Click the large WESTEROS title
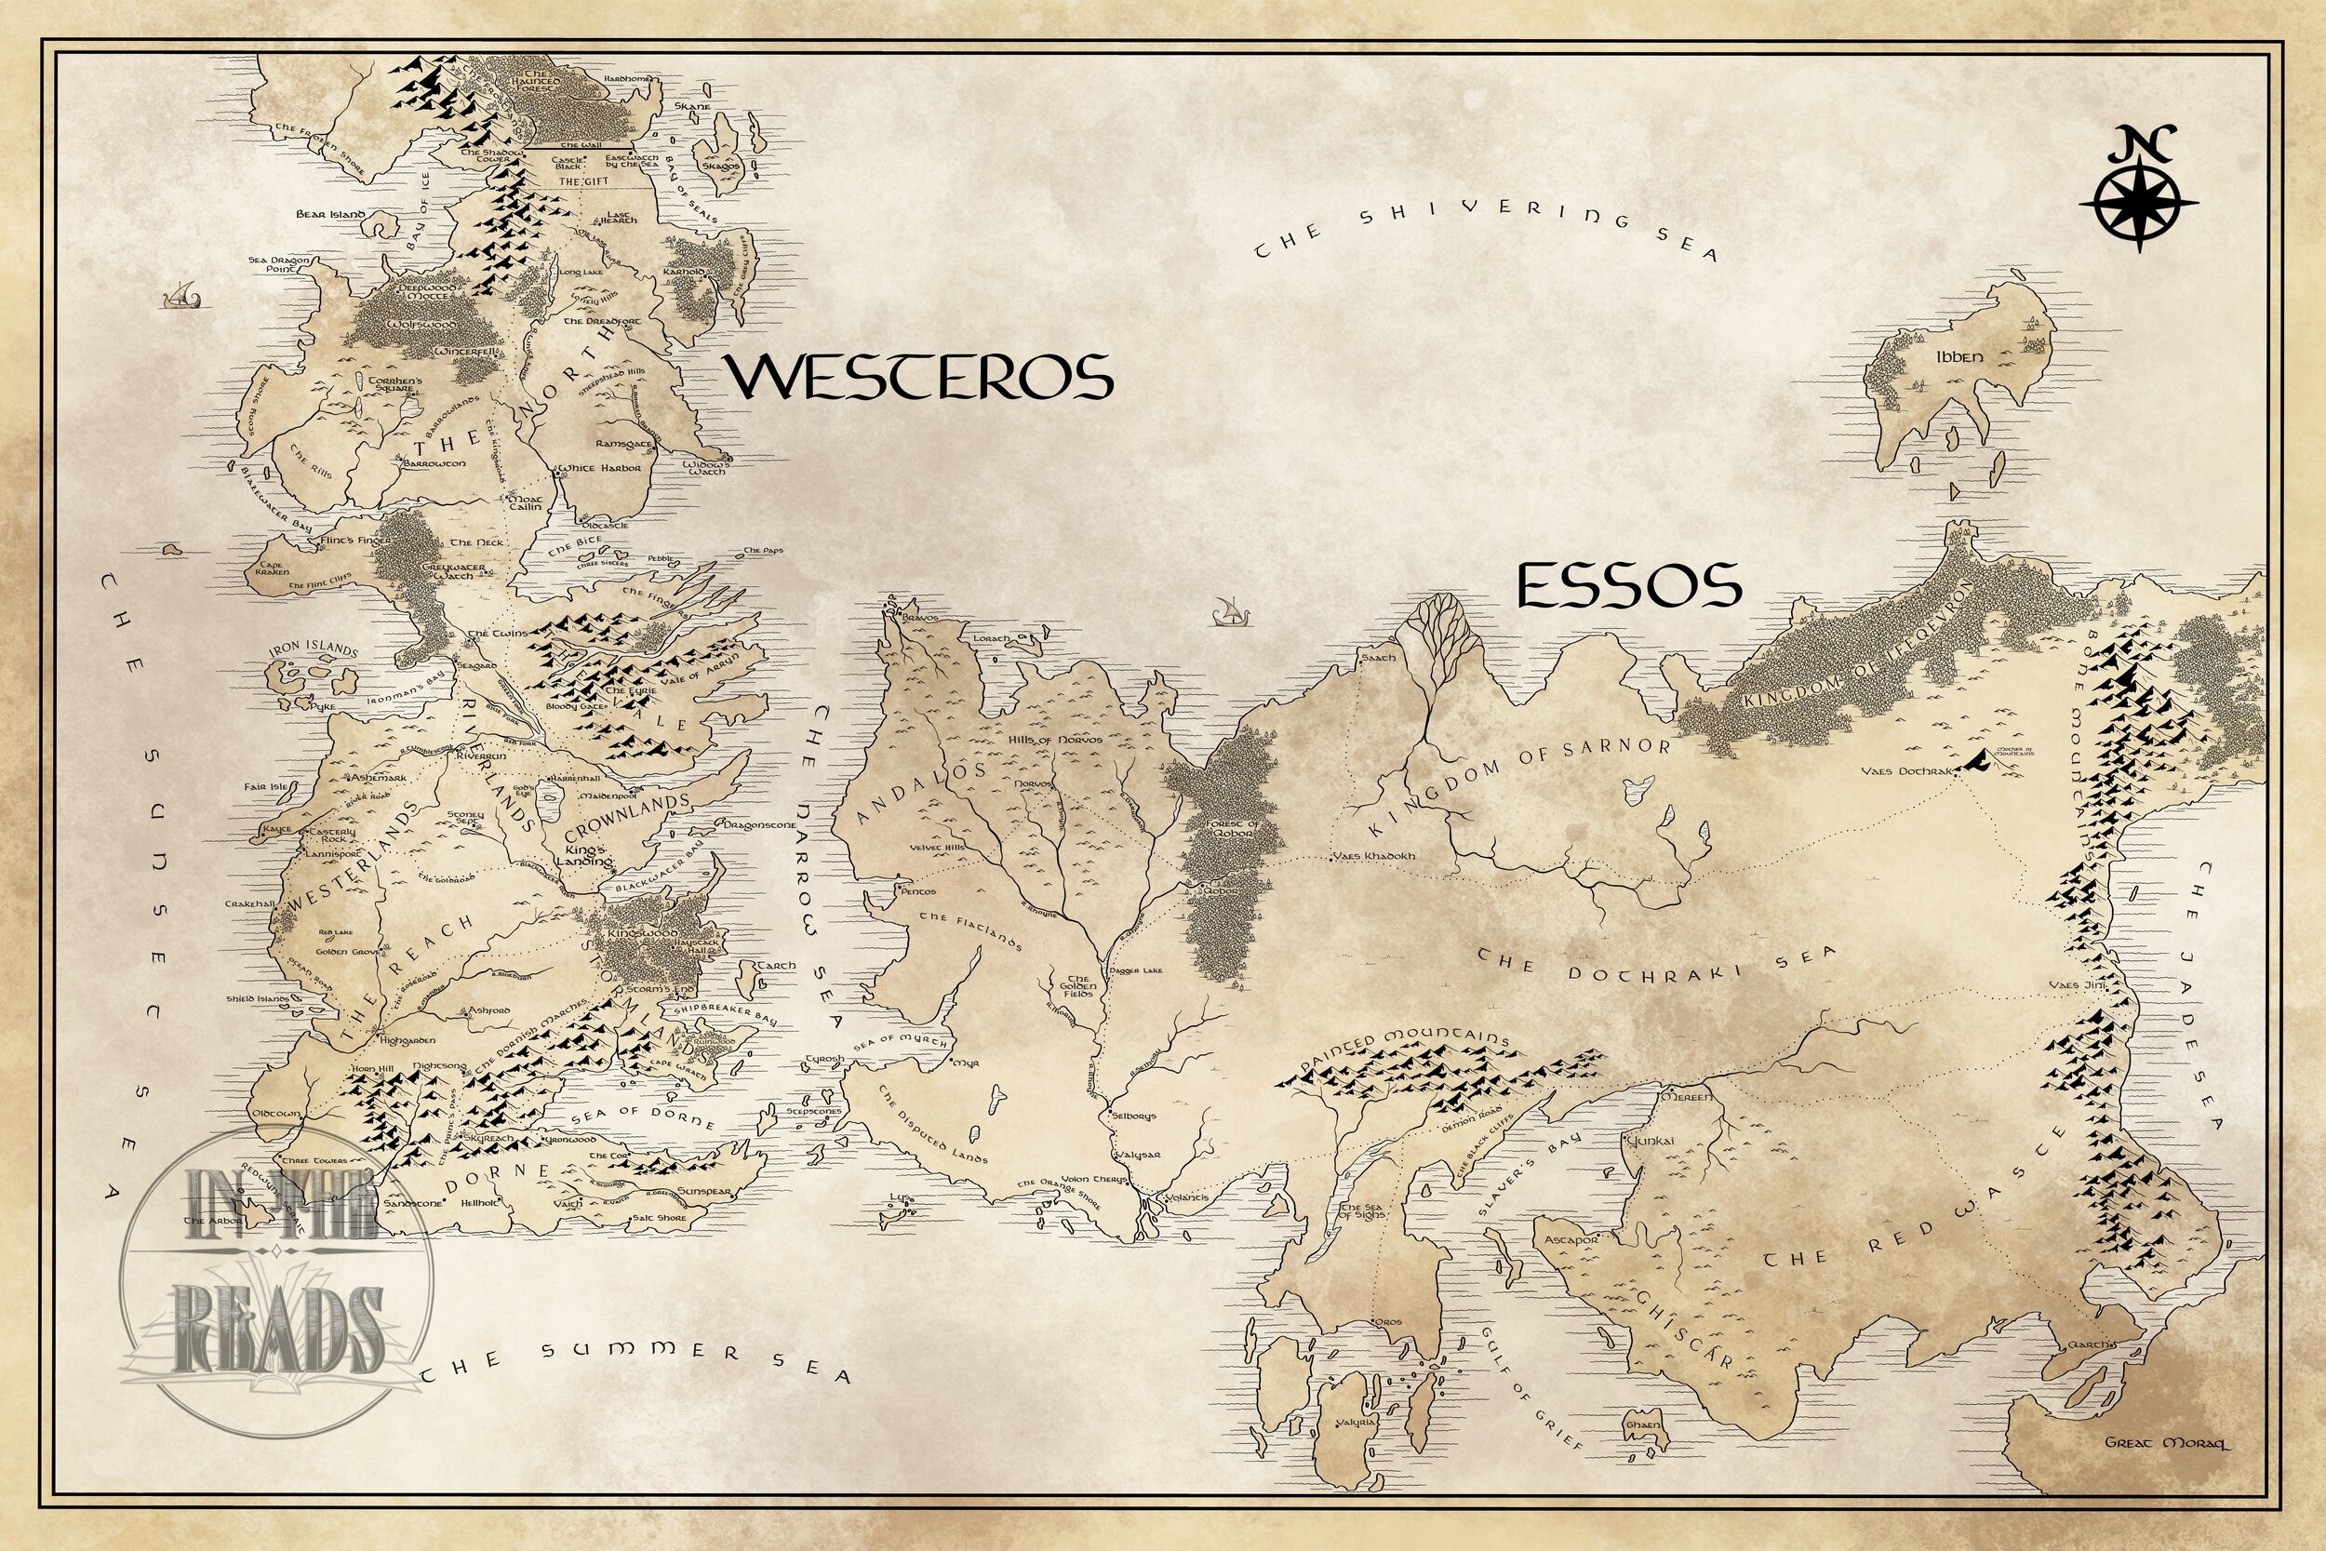[921, 376]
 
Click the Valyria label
[1357, 1451]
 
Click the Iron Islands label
[313, 649]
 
